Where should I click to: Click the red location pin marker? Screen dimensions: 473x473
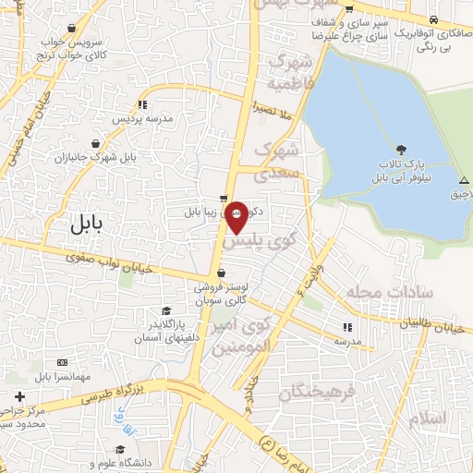237,215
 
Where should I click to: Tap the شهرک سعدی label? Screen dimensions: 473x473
278,159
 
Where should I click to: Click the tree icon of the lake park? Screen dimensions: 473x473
400,150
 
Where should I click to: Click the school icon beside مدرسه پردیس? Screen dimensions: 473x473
140,104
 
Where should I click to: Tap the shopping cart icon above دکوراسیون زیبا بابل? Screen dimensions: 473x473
223,198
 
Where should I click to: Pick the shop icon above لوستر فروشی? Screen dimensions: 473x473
221,273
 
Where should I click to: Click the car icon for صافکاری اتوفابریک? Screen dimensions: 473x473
431,19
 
